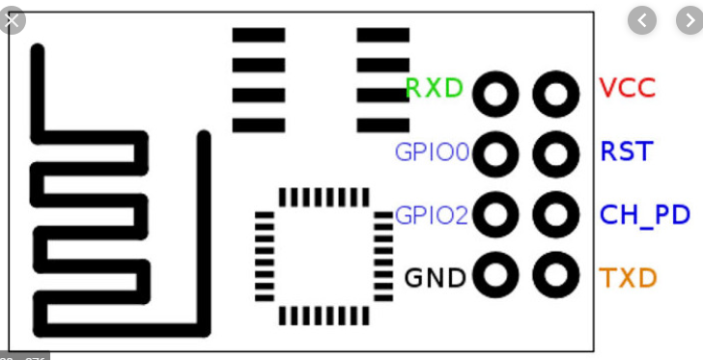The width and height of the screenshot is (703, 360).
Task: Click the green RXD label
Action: coord(435,89)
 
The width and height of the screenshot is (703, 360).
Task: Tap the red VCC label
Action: coord(628,89)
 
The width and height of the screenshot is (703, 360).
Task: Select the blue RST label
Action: coord(627,152)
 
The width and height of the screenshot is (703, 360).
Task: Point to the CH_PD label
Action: coord(645,214)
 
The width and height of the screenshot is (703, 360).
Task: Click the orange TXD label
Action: coord(629,279)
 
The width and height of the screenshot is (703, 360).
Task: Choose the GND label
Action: coord(435,279)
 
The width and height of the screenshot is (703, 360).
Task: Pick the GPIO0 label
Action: coord(432,152)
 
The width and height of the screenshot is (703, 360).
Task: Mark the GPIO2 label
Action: coord(432,214)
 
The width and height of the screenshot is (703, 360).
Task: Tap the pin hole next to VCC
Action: coord(555,95)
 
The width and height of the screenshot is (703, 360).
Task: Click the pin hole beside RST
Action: coord(555,153)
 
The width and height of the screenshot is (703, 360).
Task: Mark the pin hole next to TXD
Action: coord(555,276)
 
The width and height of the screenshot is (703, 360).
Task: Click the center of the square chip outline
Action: coord(311,256)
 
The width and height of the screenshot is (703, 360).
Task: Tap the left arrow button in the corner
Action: coord(642,19)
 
